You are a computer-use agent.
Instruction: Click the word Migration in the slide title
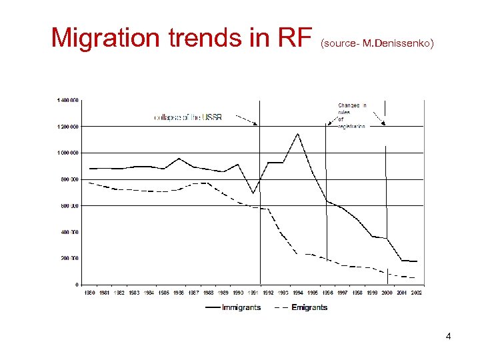pyautogui.click(x=106, y=37)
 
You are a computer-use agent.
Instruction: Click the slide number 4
pyautogui.click(x=448, y=336)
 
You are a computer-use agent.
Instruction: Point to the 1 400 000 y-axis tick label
pyautogui.click(x=67, y=100)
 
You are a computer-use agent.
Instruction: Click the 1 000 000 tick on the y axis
pyautogui.click(x=67, y=153)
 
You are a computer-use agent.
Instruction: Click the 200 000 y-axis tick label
pyautogui.click(x=69, y=258)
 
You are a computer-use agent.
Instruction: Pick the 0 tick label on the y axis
pyautogui.click(x=77, y=285)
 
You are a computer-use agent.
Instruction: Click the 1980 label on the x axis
pyautogui.click(x=89, y=293)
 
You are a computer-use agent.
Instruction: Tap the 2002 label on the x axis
pyautogui.click(x=417, y=293)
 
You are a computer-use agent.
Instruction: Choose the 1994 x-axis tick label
pyautogui.click(x=297, y=293)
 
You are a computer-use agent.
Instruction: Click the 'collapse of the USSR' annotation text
pyautogui.click(x=188, y=117)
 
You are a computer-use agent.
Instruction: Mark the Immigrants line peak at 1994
pyautogui.click(x=297, y=134)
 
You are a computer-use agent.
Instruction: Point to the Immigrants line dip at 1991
pyautogui.click(x=253, y=193)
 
